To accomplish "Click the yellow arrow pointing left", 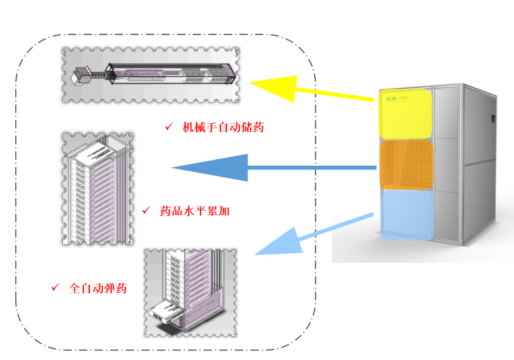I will tap(305, 90).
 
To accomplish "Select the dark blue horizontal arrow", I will tap(273, 168).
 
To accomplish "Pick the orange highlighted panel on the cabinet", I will tap(407, 164).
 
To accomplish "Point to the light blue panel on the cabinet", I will tap(407, 215).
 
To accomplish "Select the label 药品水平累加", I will tap(195, 211).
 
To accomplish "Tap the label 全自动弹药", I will tap(98, 288).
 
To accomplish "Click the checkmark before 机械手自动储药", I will tap(169, 127).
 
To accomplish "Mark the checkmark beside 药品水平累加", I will tap(146, 210).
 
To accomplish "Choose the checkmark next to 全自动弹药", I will tap(55, 288).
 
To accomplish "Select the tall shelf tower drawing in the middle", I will tap(98, 189).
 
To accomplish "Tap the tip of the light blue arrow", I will tap(256, 254).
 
